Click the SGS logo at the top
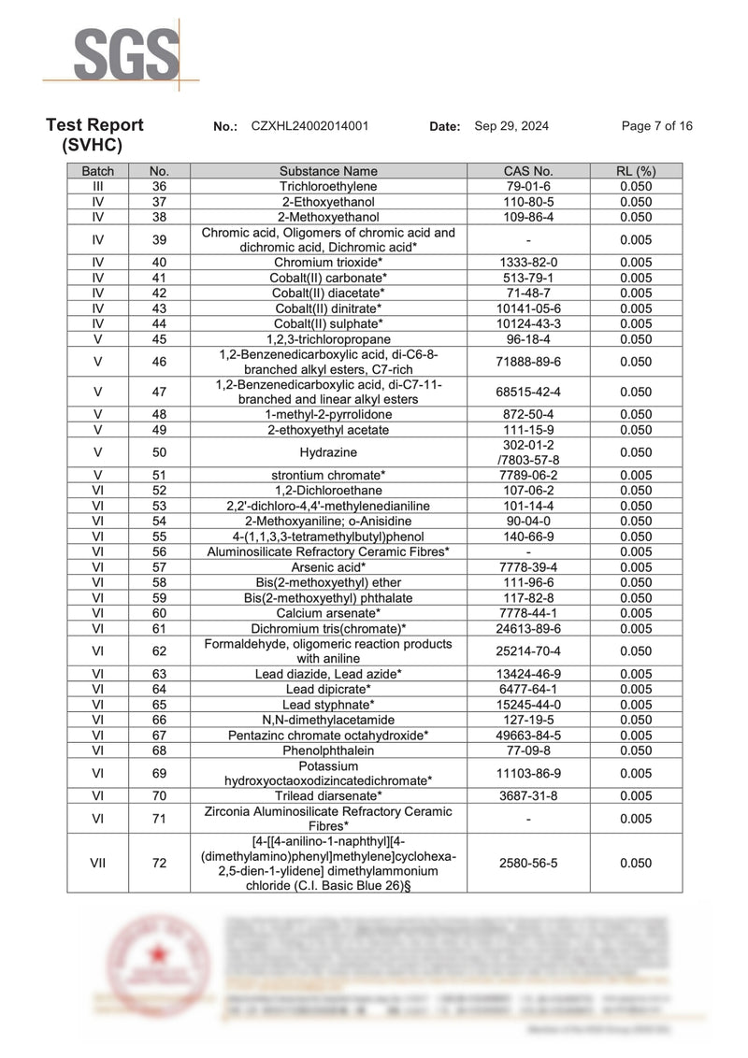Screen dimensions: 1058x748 pyautogui.click(x=126, y=54)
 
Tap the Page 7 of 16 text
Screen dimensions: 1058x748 pyautogui.click(x=656, y=126)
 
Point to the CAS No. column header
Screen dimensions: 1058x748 pyautogui.click(x=528, y=171)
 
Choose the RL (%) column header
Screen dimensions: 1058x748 pyautogui.click(x=636, y=171)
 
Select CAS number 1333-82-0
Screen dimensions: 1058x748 pyautogui.click(x=528, y=263)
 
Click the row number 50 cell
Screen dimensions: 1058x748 pyautogui.click(x=159, y=452)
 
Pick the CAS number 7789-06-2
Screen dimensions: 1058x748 pyautogui.click(x=528, y=475)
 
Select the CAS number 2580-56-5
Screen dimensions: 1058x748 pyautogui.click(x=528, y=864)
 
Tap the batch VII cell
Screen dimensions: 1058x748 pyautogui.click(x=98, y=864)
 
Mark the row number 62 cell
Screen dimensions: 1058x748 pyautogui.click(x=159, y=651)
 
